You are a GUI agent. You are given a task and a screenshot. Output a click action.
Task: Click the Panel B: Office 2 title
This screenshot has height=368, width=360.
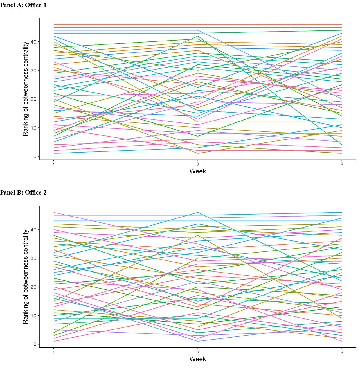click(x=23, y=193)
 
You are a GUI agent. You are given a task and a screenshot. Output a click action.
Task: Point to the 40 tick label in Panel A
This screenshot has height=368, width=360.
click(x=33, y=42)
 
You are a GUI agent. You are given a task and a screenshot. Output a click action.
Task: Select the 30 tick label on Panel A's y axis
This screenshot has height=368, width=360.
click(x=33, y=70)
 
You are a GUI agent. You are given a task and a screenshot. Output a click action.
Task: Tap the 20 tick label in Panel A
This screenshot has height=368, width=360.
click(x=33, y=99)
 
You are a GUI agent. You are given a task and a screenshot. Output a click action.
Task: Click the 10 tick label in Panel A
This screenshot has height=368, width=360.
click(x=33, y=128)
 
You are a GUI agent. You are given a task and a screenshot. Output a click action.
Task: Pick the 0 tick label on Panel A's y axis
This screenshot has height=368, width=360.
click(x=35, y=156)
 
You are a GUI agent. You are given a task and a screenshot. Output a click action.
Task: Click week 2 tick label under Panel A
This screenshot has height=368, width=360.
click(x=198, y=165)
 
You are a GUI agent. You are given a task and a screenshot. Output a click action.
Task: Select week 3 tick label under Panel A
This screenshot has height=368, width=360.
click(x=342, y=165)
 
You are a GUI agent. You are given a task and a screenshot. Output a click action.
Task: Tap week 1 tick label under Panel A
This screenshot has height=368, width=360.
click(x=53, y=165)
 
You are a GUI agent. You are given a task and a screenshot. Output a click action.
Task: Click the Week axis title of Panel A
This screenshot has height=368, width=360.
click(x=198, y=171)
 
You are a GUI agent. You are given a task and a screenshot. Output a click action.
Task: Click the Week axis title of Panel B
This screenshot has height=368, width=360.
click(x=198, y=359)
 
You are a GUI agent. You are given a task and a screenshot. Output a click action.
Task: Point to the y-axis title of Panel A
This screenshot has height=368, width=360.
click(x=26, y=89)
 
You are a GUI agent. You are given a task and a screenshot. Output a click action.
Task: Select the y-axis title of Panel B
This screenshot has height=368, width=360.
click(x=26, y=276)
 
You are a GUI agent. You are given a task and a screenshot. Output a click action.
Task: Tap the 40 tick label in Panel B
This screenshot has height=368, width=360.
click(x=33, y=229)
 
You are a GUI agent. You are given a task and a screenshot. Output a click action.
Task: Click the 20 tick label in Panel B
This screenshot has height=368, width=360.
click(x=33, y=287)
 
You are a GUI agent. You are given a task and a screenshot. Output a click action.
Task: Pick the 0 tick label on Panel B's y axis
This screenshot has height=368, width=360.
click(x=35, y=344)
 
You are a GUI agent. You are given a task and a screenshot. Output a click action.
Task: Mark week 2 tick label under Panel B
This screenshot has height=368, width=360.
click(x=198, y=353)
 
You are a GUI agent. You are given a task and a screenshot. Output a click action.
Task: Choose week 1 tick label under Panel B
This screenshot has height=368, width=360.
click(x=53, y=353)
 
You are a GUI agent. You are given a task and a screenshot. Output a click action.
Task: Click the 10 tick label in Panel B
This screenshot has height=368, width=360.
click(x=33, y=315)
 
